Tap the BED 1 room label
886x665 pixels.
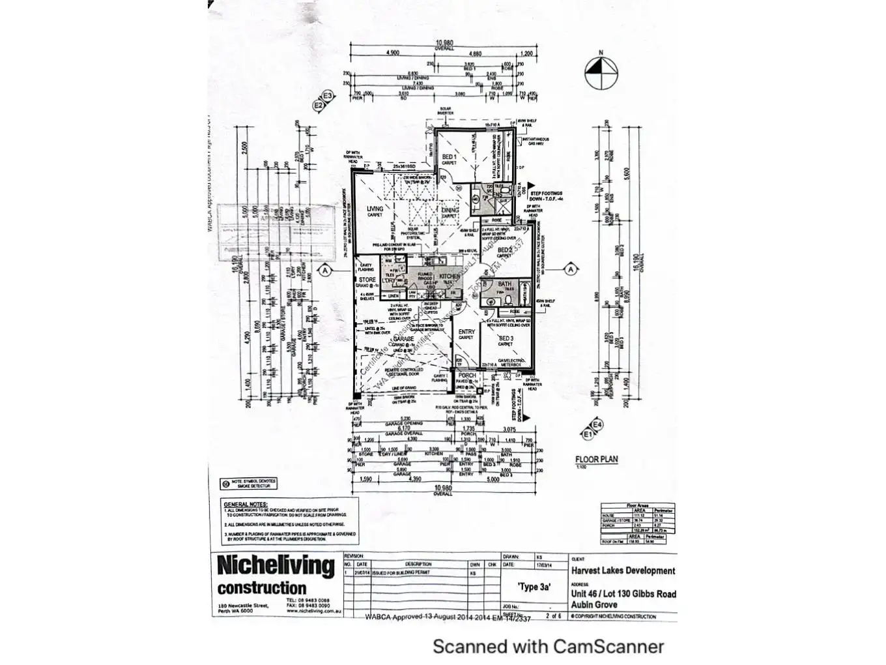coord(450,158)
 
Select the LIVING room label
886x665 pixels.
coord(375,209)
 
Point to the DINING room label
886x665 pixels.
coord(450,210)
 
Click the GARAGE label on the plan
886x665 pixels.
coord(404,339)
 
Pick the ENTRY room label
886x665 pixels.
coord(466,332)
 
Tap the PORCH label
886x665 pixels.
coord(467,376)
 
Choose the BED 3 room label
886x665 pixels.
coord(506,338)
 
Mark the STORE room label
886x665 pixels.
coord(367,280)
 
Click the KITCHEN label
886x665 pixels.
coord(450,276)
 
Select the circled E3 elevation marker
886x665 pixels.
coord(328,96)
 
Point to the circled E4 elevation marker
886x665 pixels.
coord(597,424)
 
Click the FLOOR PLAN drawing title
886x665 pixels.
coord(596,459)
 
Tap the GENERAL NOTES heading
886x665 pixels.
coord(245,505)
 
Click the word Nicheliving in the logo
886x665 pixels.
coord(275,565)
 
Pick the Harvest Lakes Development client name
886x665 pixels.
coord(623,570)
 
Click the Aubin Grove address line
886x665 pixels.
coord(594,604)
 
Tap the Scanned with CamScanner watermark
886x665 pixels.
coord(548,646)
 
